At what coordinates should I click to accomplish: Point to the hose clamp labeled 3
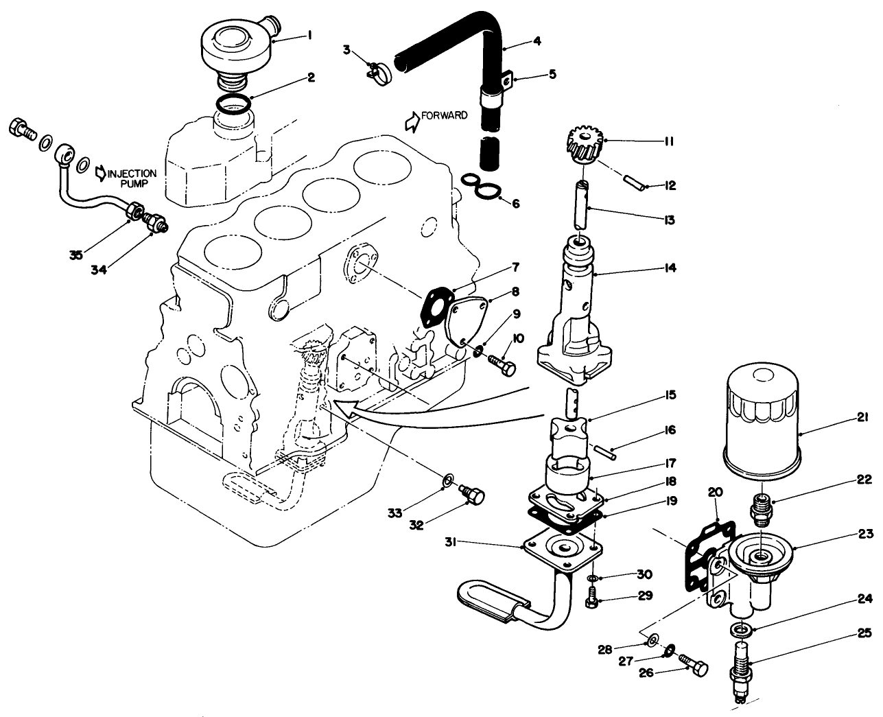(377, 73)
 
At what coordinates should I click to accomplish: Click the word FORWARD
(445, 116)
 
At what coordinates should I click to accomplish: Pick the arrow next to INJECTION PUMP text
(100, 174)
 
